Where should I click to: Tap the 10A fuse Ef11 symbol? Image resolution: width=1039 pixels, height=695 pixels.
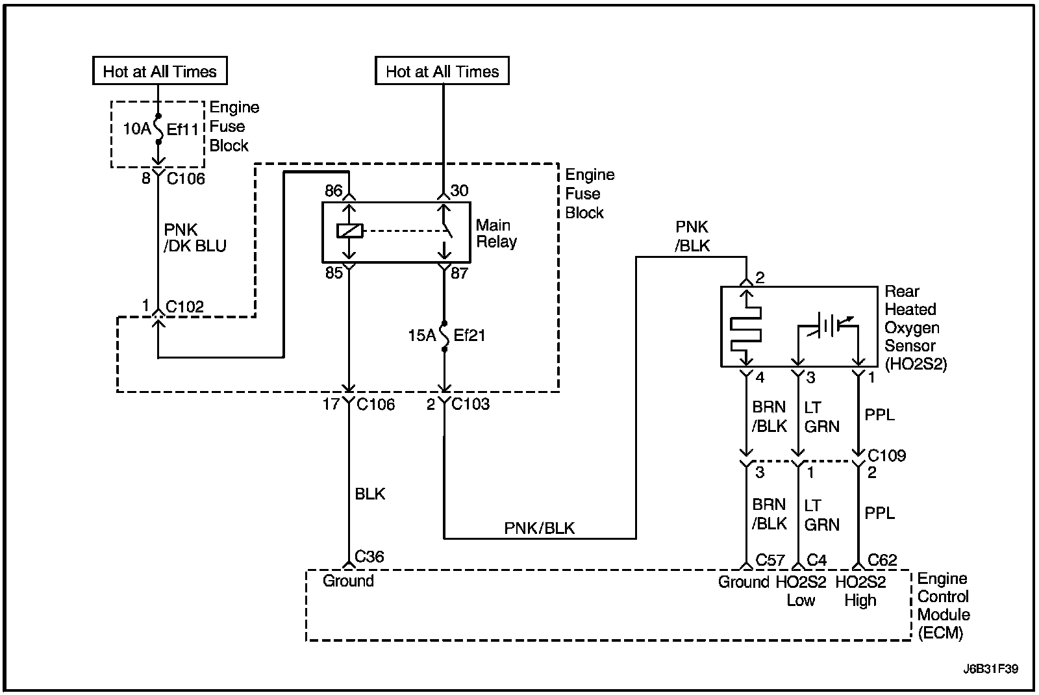coord(158,129)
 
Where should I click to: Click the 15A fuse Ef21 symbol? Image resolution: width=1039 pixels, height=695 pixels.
coord(444,335)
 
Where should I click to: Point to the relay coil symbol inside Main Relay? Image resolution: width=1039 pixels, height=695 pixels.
coord(349,231)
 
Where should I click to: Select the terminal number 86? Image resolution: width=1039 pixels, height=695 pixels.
coord(334,190)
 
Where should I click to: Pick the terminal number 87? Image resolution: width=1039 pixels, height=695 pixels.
coord(459,273)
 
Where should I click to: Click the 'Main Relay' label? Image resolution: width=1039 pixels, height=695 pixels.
coord(496,233)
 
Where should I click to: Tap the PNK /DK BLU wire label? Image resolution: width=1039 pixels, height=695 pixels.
coord(195,238)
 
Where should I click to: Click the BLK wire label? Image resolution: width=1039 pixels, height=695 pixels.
coord(369,494)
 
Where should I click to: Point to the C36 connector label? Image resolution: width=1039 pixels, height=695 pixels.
coord(369,556)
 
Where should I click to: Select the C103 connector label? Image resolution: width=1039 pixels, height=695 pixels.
coord(470,404)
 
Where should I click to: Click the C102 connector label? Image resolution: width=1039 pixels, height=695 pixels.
coord(184,307)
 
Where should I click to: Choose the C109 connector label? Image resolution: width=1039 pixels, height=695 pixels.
coord(886,455)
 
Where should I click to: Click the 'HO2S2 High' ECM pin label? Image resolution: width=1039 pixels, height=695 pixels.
coord(860,590)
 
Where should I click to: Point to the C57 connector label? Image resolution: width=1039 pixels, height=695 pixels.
coord(770,560)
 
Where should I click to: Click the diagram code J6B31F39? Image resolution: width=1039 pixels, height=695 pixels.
coord(990,668)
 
